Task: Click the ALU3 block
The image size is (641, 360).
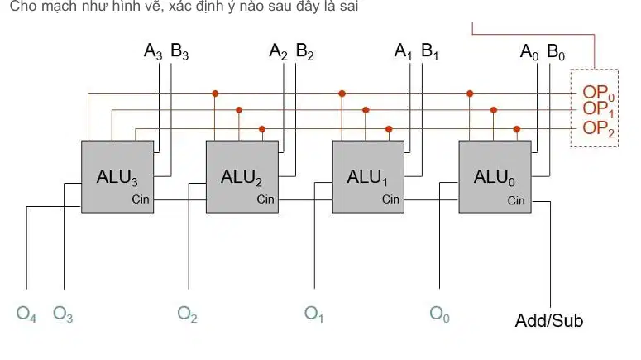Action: tap(117, 177)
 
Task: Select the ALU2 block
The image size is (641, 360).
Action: tap(242, 177)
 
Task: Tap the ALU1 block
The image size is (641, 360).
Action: tap(368, 177)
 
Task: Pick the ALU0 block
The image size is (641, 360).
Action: tap(495, 177)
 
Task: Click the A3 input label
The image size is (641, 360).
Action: tap(153, 51)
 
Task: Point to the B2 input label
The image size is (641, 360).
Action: tap(304, 51)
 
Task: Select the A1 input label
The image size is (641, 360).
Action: tap(403, 51)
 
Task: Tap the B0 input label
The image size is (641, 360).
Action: tap(556, 52)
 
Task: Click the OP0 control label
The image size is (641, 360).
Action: tap(599, 93)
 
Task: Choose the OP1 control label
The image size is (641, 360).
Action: tap(598, 109)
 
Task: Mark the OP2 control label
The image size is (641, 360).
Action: tap(599, 128)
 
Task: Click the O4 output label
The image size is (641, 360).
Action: tap(26, 314)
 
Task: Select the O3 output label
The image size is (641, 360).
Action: tap(63, 314)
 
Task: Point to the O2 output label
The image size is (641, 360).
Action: tap(187, 314)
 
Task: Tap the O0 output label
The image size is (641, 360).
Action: tap(439, 314)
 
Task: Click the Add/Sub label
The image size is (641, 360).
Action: tap(549, 321)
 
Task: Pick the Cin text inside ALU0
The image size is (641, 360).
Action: tap(516, 200)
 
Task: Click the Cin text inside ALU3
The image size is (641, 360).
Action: tap(141, 199)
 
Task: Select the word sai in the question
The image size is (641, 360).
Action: tap(349, 6)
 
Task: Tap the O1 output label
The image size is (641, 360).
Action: tap(313, 314)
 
